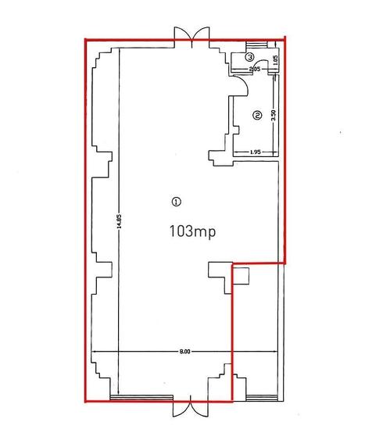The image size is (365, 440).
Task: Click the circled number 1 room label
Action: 176,202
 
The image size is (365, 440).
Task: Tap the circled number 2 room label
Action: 257,115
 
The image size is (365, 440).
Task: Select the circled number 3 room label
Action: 249,57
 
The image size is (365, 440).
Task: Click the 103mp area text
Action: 192,232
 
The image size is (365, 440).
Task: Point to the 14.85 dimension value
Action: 119,222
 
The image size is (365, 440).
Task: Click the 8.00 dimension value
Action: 185,352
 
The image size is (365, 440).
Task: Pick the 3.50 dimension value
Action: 274,115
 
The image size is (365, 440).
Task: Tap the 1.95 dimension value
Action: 256,152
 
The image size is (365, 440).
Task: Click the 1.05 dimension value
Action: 275,59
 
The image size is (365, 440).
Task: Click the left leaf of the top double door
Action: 183,36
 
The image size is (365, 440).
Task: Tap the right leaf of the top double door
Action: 201,36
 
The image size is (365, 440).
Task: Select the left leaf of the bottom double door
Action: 181,406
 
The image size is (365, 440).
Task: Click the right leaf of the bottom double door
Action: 199,406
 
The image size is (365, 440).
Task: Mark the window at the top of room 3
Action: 256,45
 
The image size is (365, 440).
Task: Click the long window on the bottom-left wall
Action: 141,397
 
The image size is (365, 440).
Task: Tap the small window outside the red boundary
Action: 260,398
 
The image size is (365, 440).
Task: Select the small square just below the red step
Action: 242,276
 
